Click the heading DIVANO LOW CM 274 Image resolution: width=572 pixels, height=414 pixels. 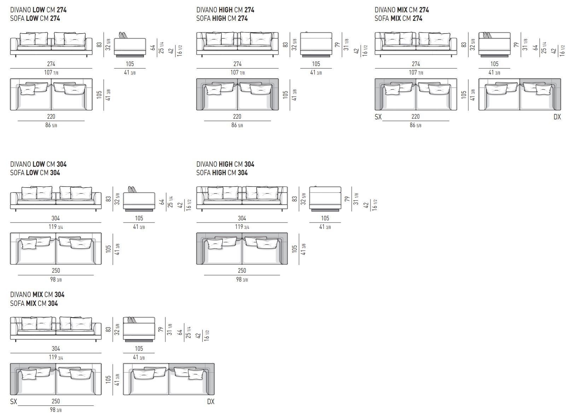(x=38, y=10)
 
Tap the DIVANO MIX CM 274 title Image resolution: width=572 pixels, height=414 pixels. (x=402, y=10)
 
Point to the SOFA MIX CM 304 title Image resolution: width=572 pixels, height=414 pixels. (x=34, y=303)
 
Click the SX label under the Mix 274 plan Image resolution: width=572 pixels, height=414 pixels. (x=378, y=117)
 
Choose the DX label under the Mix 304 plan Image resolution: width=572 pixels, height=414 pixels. (x=211, y=402)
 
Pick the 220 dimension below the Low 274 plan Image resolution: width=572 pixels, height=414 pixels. (x=51, y=117)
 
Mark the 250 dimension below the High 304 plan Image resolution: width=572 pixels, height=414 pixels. (x=242, y=271)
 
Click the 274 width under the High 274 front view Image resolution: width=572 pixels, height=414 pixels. (x=237, y=64)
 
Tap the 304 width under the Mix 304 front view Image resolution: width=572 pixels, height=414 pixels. (x=56, y=349)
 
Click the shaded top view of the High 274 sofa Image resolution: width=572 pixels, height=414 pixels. (x=238, y=94)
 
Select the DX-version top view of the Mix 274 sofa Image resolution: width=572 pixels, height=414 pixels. (x=520, y=94)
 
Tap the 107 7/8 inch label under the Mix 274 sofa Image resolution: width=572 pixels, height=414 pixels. (x=416, y=72)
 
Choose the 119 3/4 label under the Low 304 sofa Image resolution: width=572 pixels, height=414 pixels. (x=56, y=227)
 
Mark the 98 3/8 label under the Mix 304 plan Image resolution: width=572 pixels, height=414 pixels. (x=56, y=410)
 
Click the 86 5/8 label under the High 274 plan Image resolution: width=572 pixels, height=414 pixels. (x=237, y=125)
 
